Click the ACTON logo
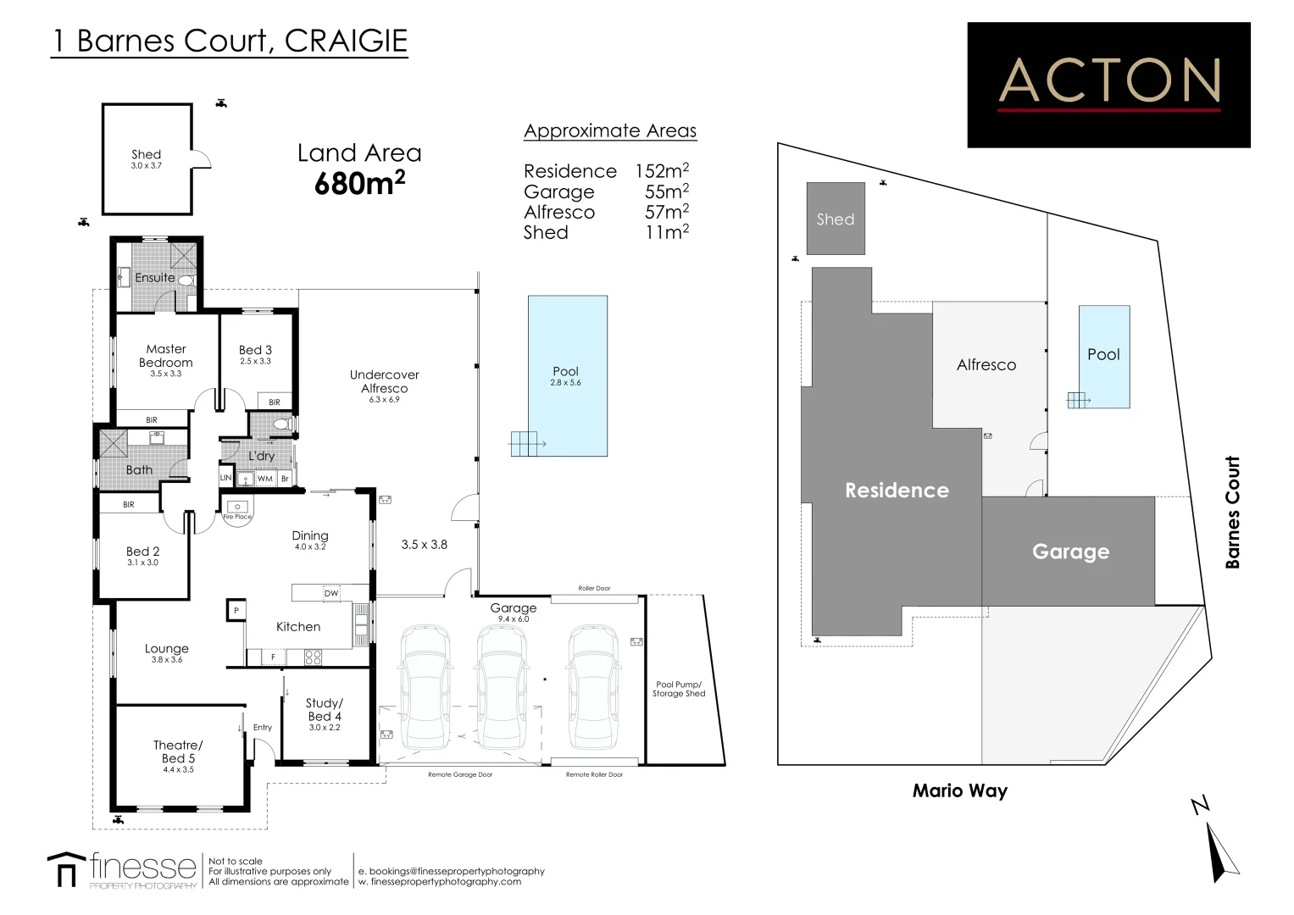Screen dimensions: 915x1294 point(1108,85)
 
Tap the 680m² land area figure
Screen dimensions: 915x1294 point(359,183)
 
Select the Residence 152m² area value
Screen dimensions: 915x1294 point(662,171)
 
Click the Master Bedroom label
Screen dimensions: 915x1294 point(166,356)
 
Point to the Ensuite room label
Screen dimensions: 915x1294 point(155,278)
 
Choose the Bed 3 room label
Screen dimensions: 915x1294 point(255,350)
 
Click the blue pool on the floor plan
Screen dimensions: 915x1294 point(567,375)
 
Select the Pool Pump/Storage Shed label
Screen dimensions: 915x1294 point(679,689)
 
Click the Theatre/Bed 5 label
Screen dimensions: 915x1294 point(178,752)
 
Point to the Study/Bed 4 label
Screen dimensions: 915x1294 point(325,710)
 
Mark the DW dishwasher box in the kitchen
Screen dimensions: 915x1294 point(331,593)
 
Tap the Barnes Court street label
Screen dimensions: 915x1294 point(1232,512)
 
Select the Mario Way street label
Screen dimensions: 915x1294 point(959,791)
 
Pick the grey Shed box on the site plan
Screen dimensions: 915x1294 point(836,219)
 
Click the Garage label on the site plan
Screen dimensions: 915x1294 point(1070,552)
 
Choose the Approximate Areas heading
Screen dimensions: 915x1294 point(610,131)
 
